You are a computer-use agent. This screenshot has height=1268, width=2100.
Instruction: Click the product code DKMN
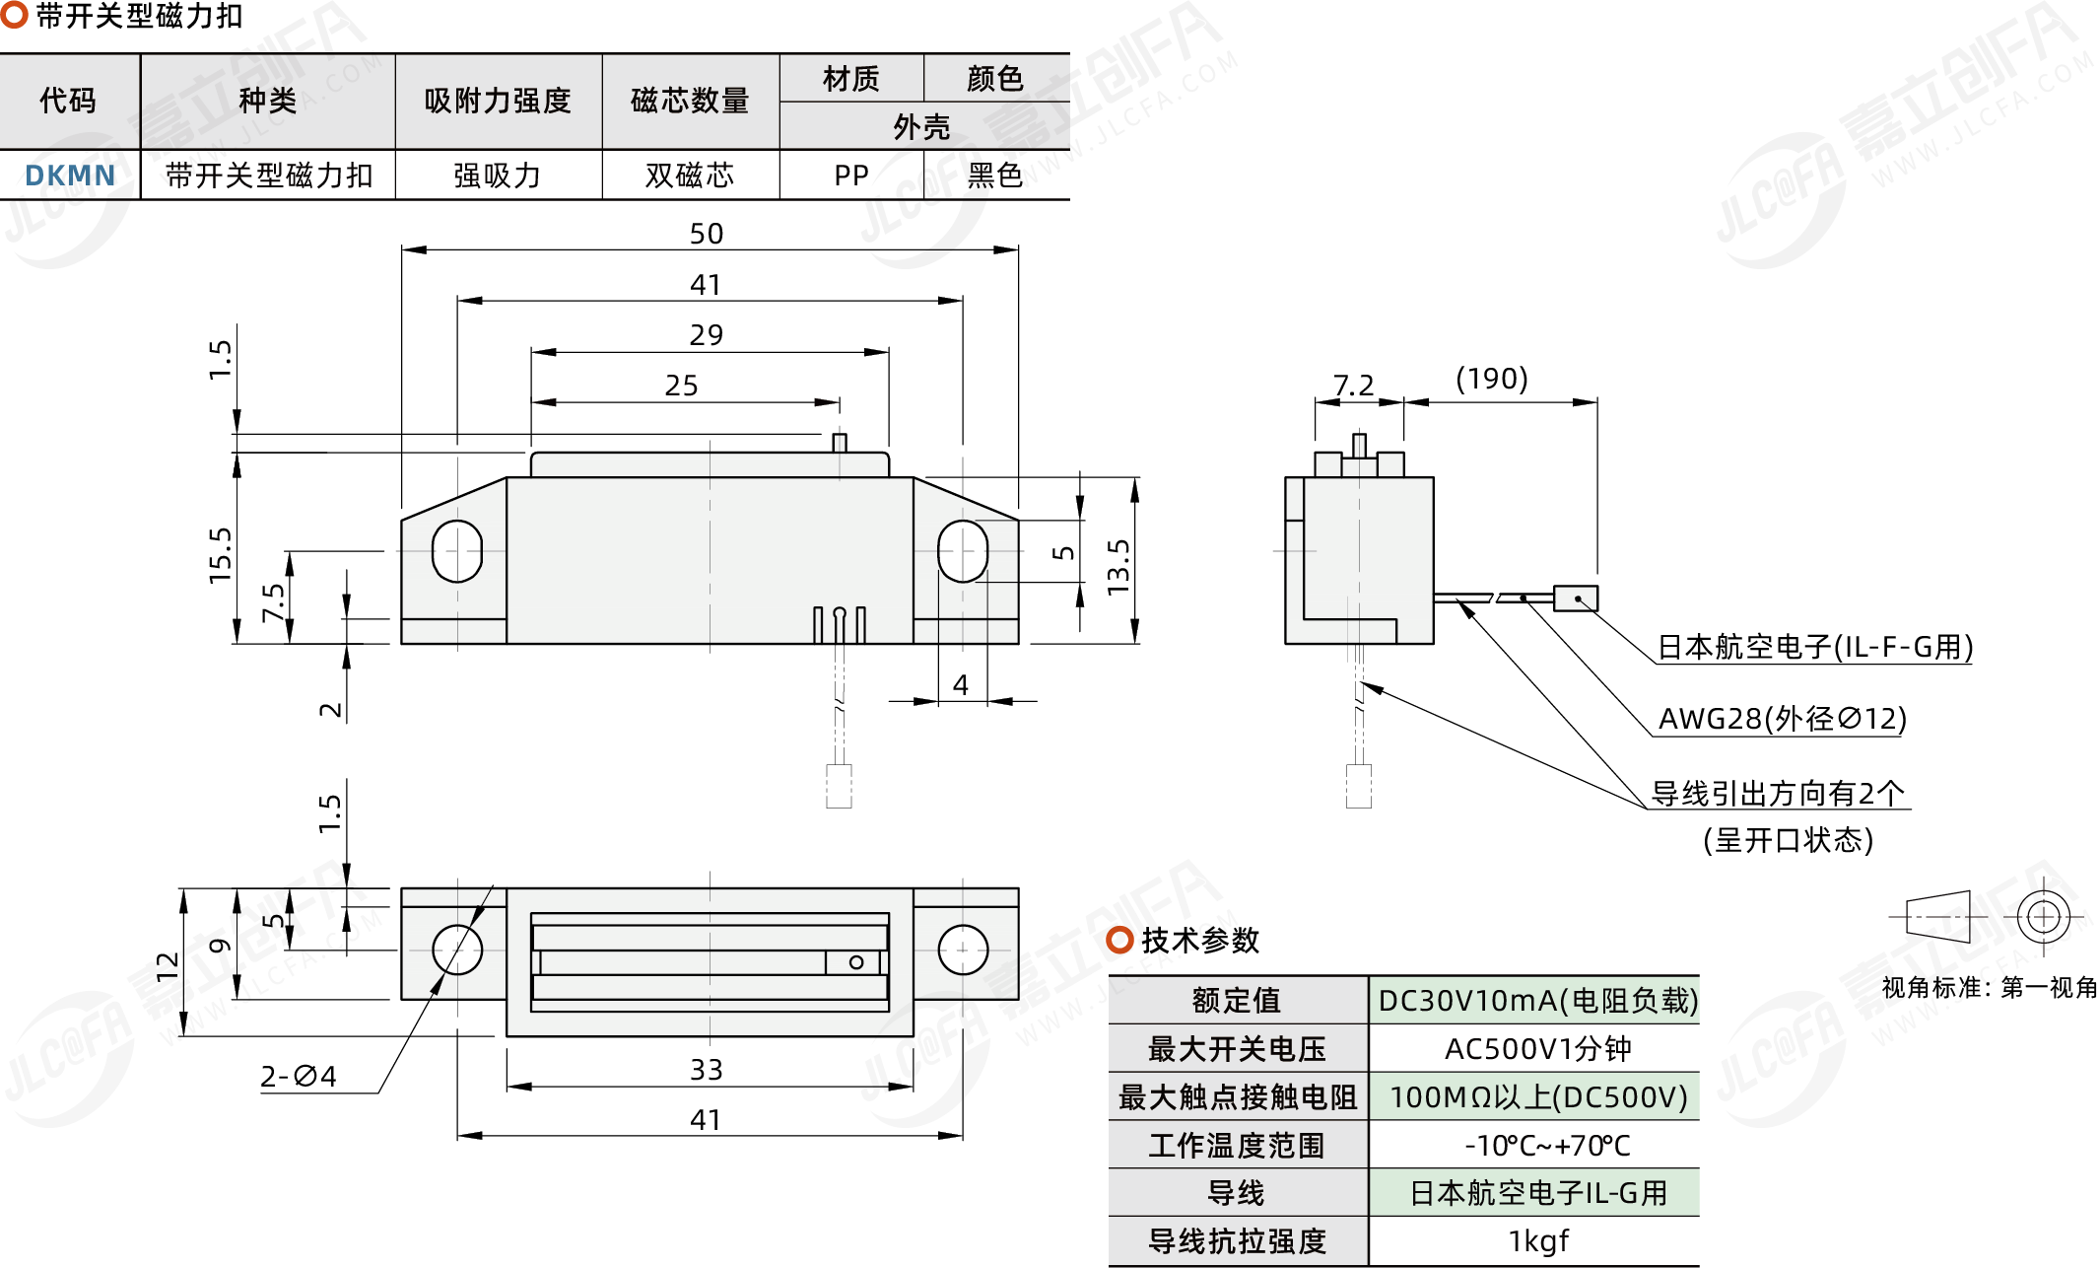(x=70, y=176)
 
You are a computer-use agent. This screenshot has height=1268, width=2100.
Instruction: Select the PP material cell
(x=851, y=176)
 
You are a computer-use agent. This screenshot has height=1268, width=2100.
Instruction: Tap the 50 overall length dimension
(x=707, y=234)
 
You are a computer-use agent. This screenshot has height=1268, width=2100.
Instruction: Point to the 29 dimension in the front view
(x=707, y=335)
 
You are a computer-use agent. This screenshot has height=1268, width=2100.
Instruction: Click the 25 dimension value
(x=682, y=386)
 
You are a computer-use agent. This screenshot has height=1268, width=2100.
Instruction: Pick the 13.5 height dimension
(x=1118, y=567)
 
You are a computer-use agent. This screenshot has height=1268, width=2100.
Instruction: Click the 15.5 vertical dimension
(x=220, y=555)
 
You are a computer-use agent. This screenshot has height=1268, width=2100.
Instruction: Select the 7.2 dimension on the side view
(x=1353, y=386)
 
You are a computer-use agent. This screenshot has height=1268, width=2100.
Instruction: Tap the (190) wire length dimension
(x=1492, y=379)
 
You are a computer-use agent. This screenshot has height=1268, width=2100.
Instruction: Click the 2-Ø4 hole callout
(x=299, y=1076)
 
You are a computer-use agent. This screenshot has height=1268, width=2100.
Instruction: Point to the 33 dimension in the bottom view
(x=707, y=1070)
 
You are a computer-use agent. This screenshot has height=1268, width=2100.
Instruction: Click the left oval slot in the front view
(x=457, y=550)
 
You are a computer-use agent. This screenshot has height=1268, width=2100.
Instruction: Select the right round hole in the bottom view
(x=963, y=950)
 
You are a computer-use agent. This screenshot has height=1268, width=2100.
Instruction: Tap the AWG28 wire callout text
(x=1783, y=719)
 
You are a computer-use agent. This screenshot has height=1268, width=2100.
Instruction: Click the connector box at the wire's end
(x=1576, y=599)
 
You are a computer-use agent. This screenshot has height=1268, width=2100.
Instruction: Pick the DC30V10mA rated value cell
(x=1537, y=1001)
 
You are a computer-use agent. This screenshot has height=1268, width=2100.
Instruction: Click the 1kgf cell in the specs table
(x=1537, y=1241)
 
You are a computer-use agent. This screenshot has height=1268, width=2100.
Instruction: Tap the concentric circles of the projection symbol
(x=2043, y=917)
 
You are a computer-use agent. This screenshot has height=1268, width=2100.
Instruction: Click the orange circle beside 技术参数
(x=1119, y=940)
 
